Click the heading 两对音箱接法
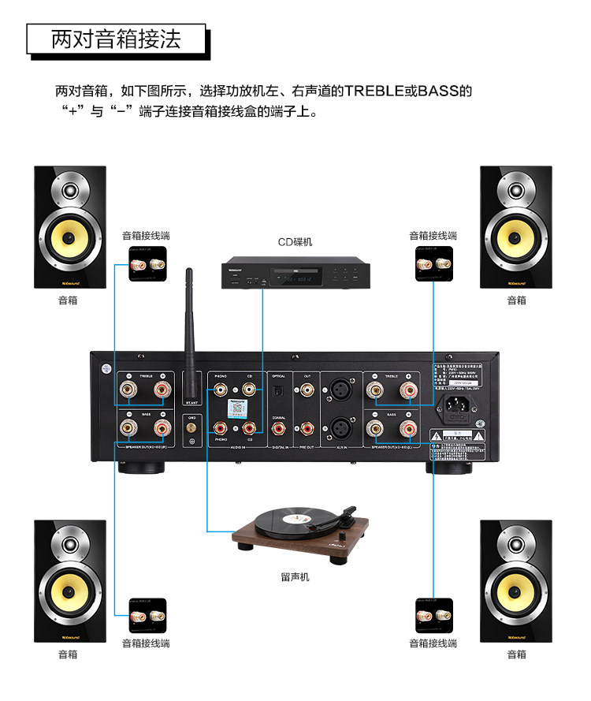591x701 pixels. tap(116, 39)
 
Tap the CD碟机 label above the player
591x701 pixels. tap(295, 242)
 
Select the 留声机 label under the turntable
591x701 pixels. tap(295, 577)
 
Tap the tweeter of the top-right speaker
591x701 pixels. tap(516, 191)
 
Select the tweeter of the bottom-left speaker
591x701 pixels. tap(70, 545)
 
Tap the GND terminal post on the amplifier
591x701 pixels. tap(189, 428)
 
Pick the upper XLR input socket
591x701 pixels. tap(341, 390)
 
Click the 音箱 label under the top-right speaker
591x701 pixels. tap(516, 300)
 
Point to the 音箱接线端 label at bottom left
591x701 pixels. tap(146, 643)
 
